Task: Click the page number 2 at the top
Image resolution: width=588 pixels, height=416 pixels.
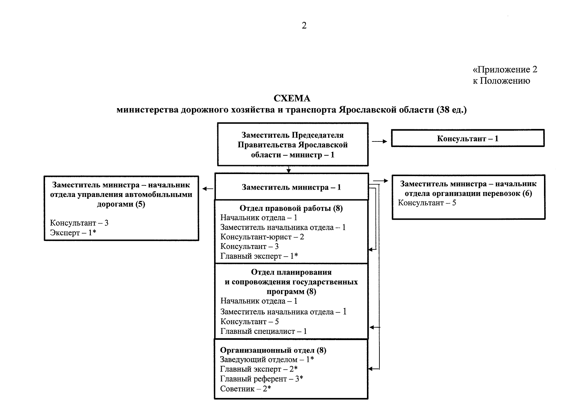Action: tap(304, 26)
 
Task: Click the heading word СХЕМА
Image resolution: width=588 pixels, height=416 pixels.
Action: tap(292, 98)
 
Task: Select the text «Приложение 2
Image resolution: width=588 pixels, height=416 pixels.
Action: tap(505, 70)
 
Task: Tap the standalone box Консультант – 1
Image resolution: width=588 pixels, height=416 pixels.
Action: tap(467, 139)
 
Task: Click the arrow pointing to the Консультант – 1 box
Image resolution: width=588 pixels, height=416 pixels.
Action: tap(379, 141)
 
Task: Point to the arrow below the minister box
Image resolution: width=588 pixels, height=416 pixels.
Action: tap(289, 170)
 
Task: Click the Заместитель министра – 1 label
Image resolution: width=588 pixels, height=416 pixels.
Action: tap(291, 188)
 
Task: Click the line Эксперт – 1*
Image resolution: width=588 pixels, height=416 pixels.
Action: tap(73, 233)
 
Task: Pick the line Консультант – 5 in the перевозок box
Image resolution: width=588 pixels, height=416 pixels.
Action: tap(427, 203)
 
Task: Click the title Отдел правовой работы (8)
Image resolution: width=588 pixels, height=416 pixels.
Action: tap(291, 208)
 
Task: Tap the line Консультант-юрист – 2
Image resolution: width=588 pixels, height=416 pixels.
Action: tap(262, 237)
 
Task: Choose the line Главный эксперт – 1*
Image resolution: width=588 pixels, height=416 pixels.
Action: tap(259, 256)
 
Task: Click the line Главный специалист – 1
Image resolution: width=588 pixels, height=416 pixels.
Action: tap(263, 331)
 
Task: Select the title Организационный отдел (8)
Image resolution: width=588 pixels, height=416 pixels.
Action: tap(273, 350)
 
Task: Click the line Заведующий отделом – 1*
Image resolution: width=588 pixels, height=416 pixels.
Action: tap(267, 360)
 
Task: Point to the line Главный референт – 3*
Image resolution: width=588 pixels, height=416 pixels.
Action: tap(262, 379)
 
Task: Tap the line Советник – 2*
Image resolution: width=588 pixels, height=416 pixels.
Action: tap(245, 389)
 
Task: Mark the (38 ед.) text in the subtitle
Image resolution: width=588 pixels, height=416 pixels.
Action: tap(451, 110)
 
